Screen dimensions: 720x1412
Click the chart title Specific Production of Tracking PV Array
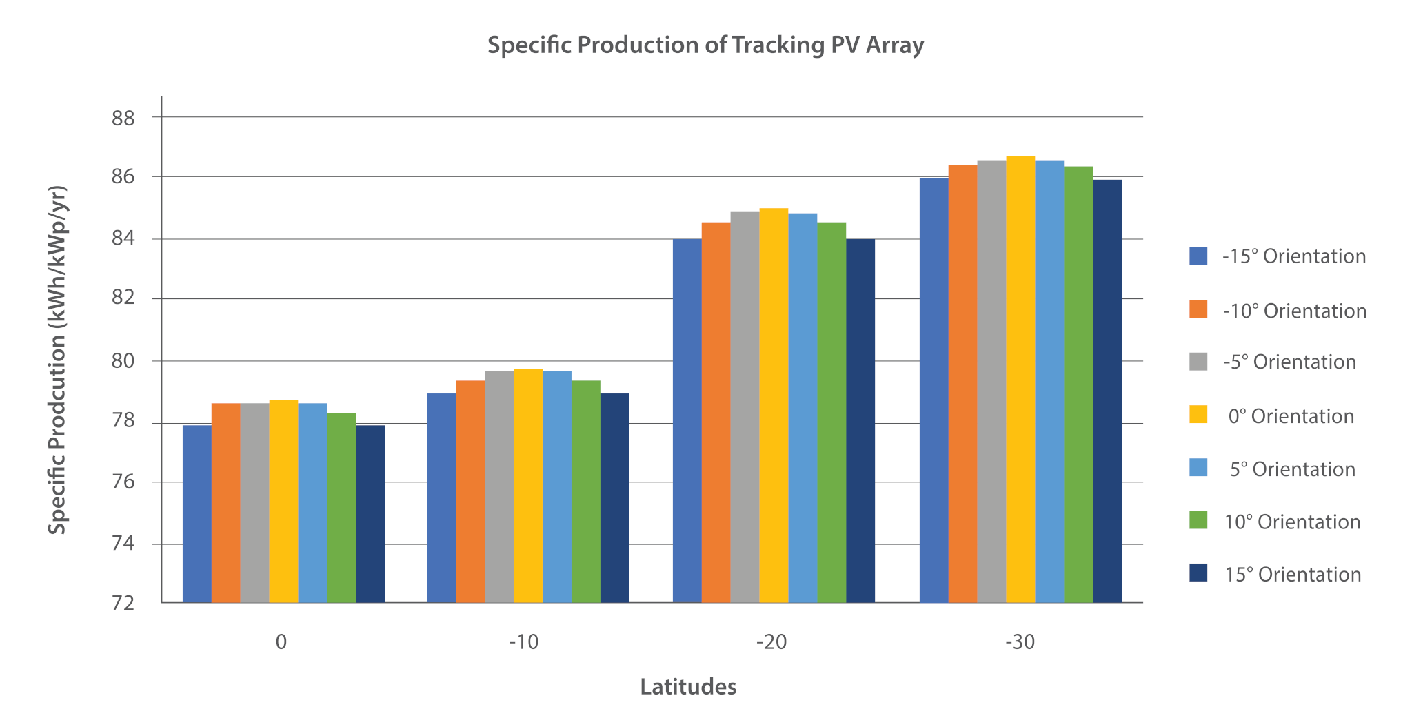(705, 45)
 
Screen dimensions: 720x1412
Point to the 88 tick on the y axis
(123, 119)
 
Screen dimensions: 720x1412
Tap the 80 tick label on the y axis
(123, 361)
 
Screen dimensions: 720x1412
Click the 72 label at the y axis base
(123, 604)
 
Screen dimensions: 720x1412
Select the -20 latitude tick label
(771, 642)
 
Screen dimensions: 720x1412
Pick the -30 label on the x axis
(1020, 642)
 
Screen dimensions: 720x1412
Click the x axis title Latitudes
(688, 687)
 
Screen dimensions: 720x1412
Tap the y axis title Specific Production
(58, 359)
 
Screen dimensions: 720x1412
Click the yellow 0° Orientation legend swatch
(1198, 415)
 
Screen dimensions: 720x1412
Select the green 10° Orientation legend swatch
(1198, 520)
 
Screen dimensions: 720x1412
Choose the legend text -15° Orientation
(1294, 256)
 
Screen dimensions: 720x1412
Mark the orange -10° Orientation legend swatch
(1198, 309)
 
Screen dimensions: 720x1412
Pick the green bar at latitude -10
(586, 492)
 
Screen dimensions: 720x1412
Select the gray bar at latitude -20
(745, 407)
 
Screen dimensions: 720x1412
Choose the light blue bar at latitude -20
(803, 408)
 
